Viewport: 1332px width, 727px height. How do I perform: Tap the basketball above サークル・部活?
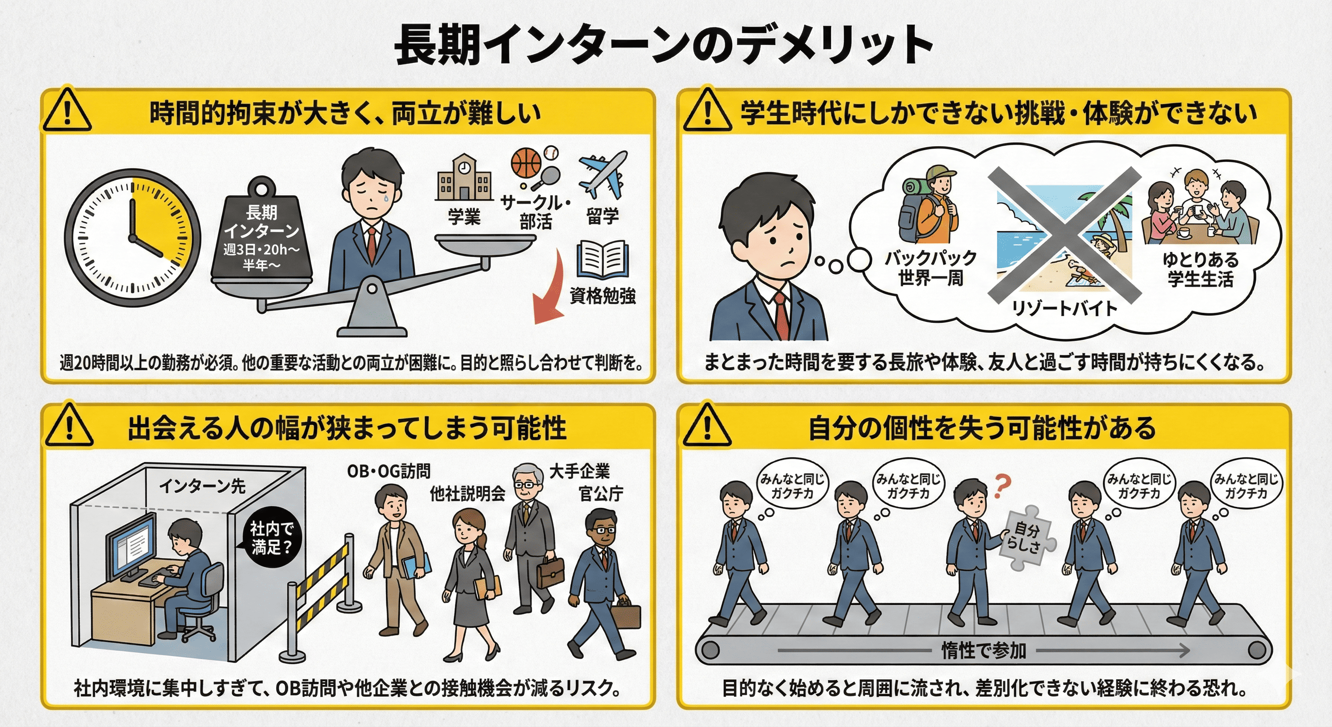[526, 163]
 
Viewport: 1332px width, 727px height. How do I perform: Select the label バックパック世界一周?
[930, 268]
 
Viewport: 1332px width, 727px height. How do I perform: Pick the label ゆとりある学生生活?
[1200, 269]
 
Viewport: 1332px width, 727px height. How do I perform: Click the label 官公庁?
[601, 494]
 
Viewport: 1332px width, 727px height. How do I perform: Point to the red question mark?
[1001, 486]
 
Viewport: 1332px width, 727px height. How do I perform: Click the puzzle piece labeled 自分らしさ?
[1026, 538]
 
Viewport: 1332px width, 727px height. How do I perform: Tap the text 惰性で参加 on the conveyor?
[983, 650]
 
